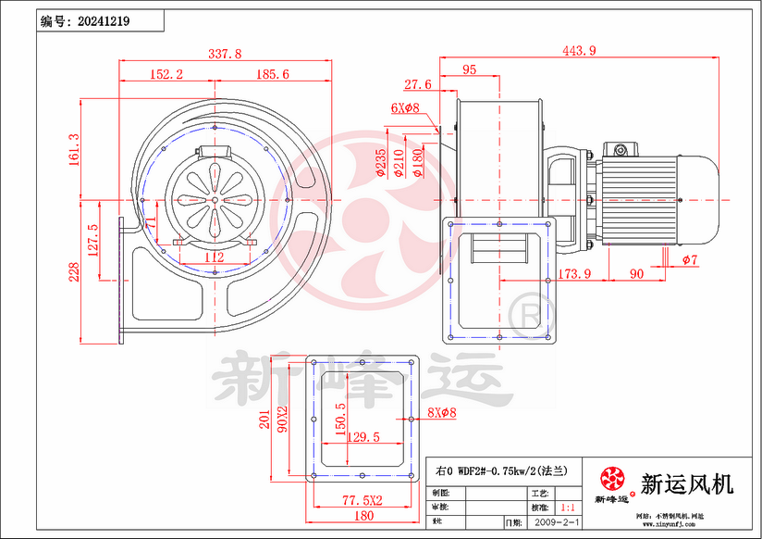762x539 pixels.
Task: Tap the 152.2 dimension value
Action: click(166, 73)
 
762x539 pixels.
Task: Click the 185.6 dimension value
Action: click(272, 73)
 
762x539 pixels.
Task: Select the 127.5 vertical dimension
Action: click(92, 240)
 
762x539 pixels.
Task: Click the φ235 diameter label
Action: click(380, 162)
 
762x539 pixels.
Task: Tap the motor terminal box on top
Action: click(617, 148)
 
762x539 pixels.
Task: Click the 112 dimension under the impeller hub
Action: click(214, 257)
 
